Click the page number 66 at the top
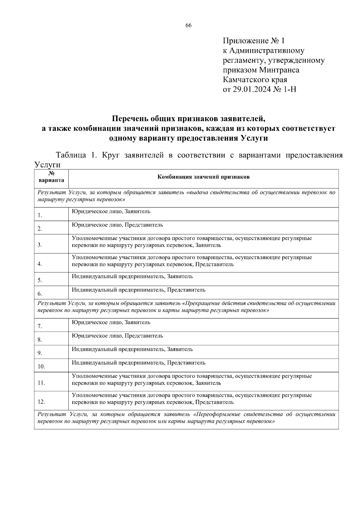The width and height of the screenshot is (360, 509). pyautogui.click(x=188, y=25)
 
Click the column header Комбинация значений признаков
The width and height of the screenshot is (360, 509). pyautogui.click(x=203, y=177)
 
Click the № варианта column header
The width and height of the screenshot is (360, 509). pyautogui.click(x=51, y=177)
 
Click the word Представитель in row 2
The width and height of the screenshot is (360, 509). pyautogui.click(x=144, y=225)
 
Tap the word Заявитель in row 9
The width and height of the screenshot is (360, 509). pyautogui.click(x=180, y=349)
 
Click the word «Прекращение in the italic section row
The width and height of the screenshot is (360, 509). pyautogui.click(x=198, y=303)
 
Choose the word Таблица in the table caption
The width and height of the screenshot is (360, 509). pyautogui.click(x=71, y=155)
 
